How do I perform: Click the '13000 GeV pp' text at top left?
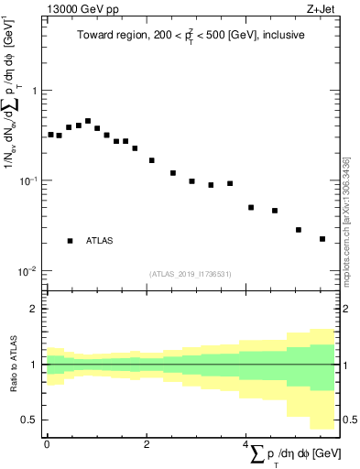77,10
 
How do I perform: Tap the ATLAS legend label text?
100,241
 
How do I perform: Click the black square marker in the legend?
70,241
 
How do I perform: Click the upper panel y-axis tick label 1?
34,91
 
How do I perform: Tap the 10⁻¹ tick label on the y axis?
30,180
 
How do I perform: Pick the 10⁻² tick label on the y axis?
30,270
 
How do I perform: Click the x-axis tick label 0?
47,443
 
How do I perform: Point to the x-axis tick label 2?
147,443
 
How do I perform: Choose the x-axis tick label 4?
246,443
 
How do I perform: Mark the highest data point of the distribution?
88,121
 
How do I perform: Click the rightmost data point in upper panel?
322,239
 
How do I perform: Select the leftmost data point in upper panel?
50,135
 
